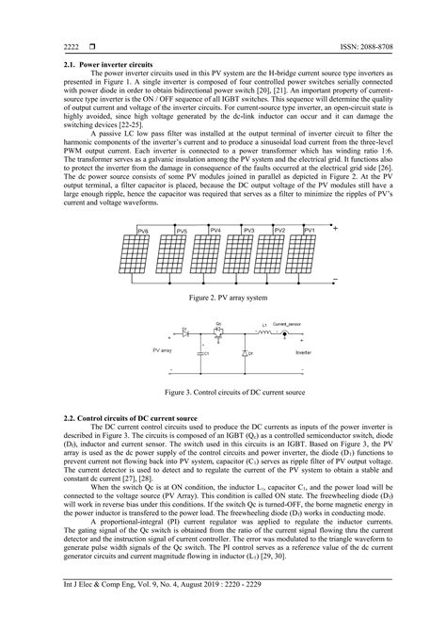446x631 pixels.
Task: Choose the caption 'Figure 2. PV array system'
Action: [222, 297]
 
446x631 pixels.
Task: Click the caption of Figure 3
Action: [222, 389]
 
